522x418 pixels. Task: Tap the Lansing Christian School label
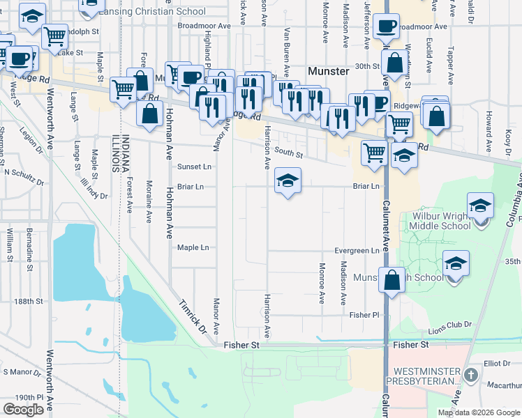coord(151,11)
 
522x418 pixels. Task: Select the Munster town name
coord(329,71)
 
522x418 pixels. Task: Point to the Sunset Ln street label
coord(193,167)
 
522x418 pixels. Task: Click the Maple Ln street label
coord(193,247)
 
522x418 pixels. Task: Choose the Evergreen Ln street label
coord(357,251)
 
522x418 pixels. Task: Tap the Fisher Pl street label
coord(364,315)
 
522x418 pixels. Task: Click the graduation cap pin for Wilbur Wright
coord(480,206)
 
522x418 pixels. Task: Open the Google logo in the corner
coord(23,410)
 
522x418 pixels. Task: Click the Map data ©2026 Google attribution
coord(479,412)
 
